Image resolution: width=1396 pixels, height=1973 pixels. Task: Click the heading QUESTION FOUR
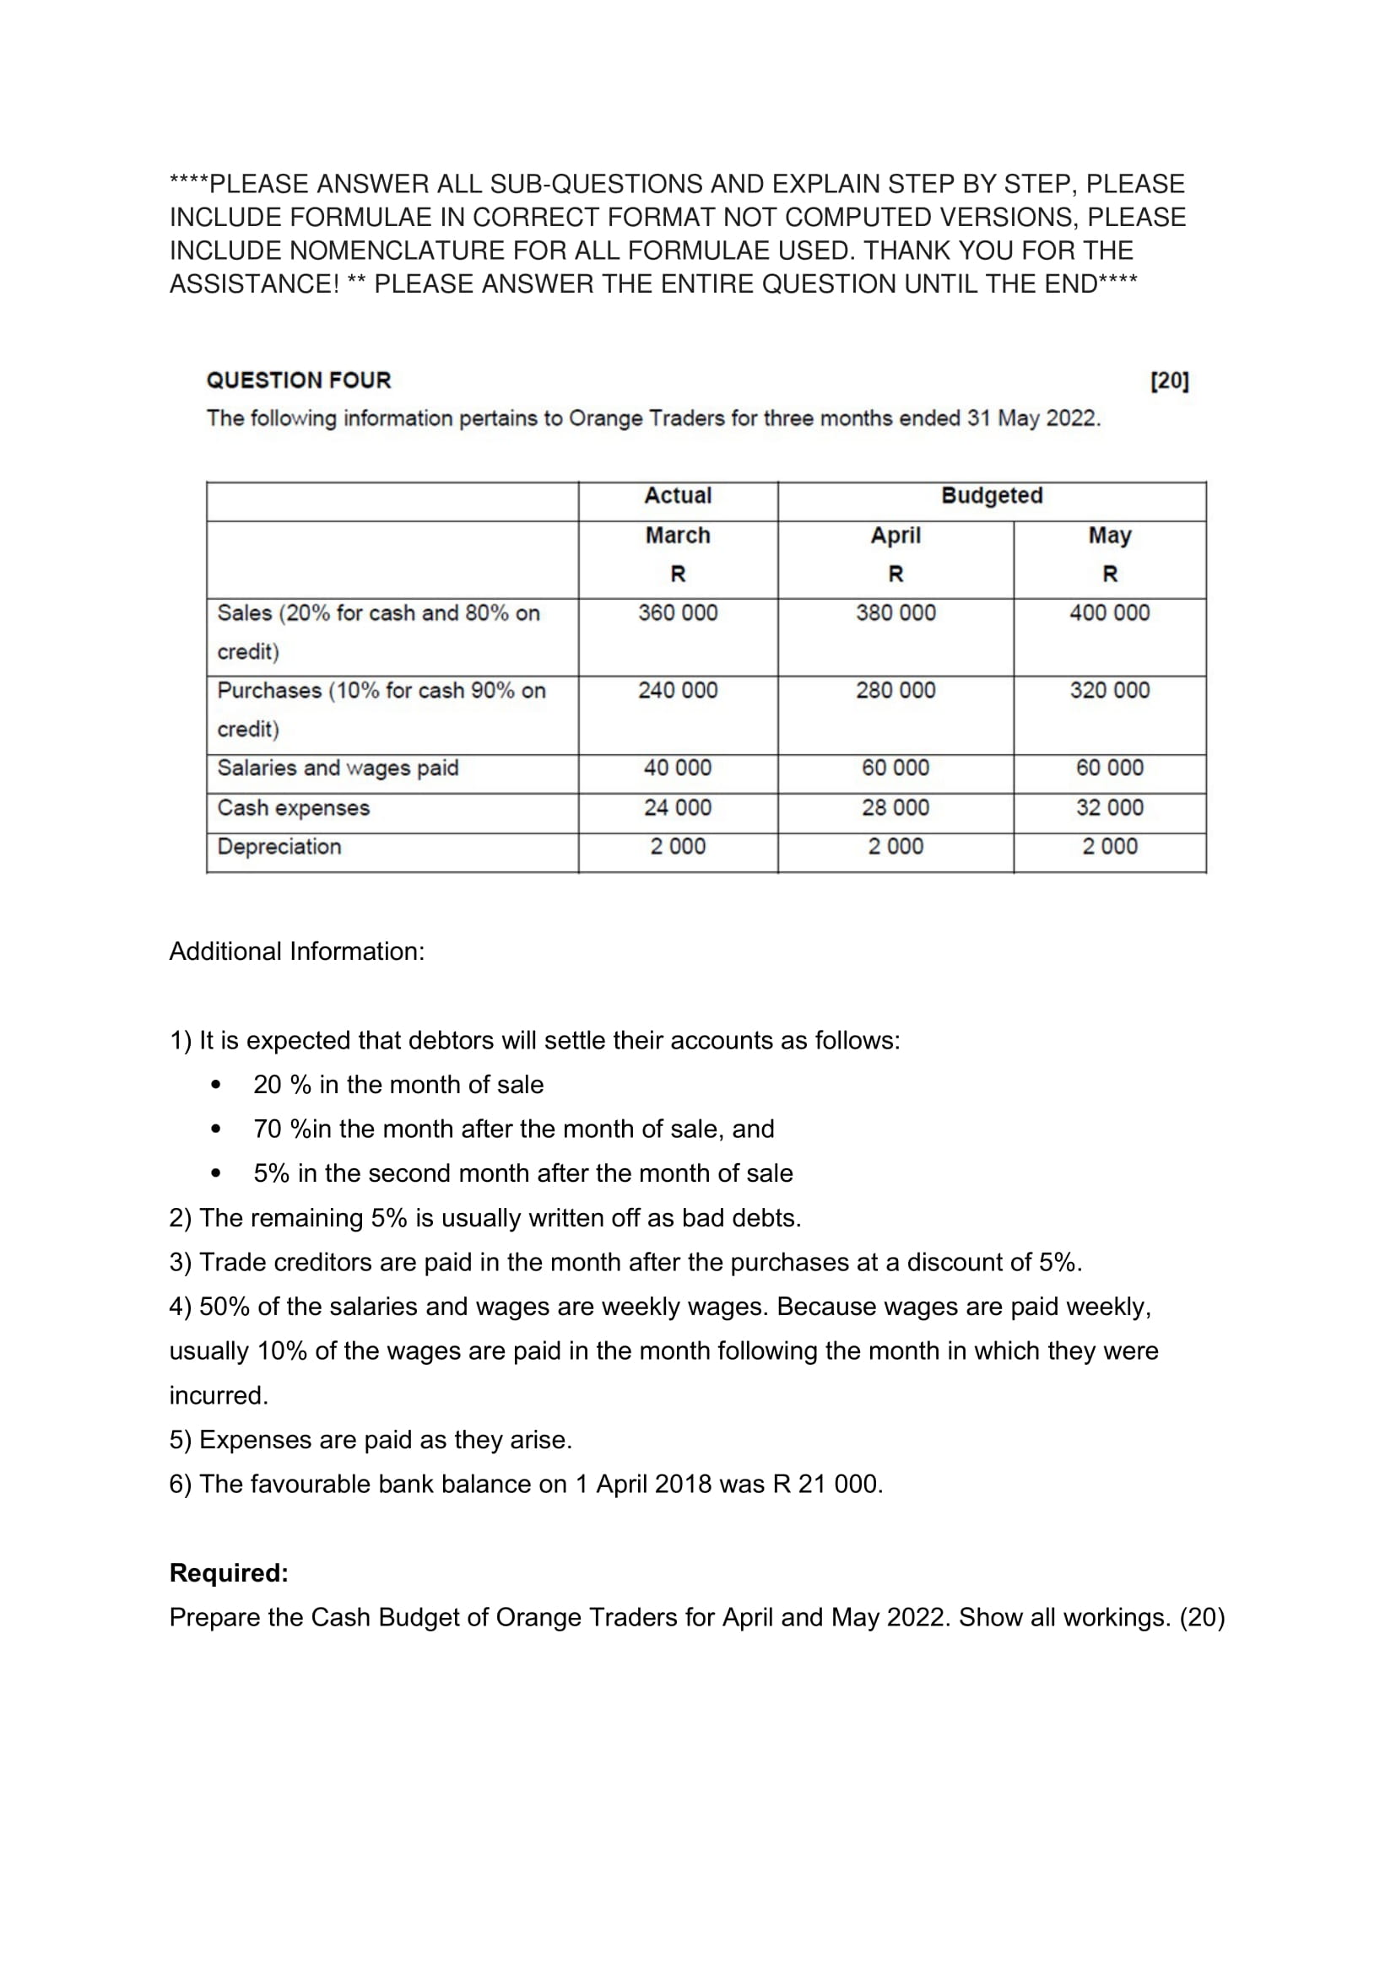[298, 380]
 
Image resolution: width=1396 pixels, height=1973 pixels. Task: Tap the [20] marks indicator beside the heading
[1169, 380]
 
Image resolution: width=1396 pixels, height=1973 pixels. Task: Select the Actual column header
[678, 496]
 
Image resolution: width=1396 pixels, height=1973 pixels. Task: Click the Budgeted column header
[991, 496]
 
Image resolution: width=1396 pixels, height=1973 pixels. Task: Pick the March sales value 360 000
[678, 612]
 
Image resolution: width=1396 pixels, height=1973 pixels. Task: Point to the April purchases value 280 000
[895, 690]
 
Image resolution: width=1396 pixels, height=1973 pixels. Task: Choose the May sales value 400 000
[1109, 612]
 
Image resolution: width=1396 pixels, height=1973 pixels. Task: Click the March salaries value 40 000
[678, 768]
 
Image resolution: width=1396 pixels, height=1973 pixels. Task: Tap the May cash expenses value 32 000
[1109, 808]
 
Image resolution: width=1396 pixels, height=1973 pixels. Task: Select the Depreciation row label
[279, 846]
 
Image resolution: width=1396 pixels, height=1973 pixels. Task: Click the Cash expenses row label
[293, 808]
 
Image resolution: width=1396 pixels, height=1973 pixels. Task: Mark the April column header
[895, 536]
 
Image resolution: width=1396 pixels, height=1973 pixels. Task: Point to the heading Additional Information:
[296, 951]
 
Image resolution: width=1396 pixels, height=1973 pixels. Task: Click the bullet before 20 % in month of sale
[216, 1086]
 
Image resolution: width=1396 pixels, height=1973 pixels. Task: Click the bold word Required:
[229, 1572]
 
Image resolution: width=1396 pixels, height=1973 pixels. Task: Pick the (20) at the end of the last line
[1202, 1617]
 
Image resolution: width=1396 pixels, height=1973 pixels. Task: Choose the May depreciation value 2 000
[1109, 846]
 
